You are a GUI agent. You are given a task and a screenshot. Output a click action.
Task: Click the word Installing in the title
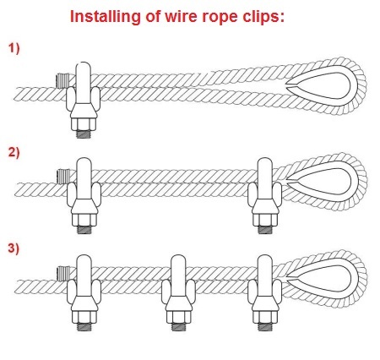(105, 17)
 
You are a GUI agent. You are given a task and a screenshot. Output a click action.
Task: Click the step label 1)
(14, 48)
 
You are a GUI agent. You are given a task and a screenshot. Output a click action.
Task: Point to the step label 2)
(14, 152)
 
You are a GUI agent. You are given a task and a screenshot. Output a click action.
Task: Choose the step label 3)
(14, 248)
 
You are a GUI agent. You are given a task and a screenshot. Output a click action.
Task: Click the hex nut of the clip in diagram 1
(84, 124)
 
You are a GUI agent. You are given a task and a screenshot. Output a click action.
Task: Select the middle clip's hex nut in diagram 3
(179, 317)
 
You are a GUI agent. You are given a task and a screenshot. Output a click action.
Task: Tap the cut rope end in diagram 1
(62, 80)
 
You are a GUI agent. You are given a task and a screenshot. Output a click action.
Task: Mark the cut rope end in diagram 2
(63, 176)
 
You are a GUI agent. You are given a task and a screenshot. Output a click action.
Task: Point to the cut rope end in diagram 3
(63, 273)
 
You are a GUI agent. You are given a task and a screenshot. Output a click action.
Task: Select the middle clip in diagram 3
(178, 293)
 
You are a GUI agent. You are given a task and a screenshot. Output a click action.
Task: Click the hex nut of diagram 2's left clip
(84, 221)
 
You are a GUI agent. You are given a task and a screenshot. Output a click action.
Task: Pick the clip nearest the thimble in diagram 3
(265, 293)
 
